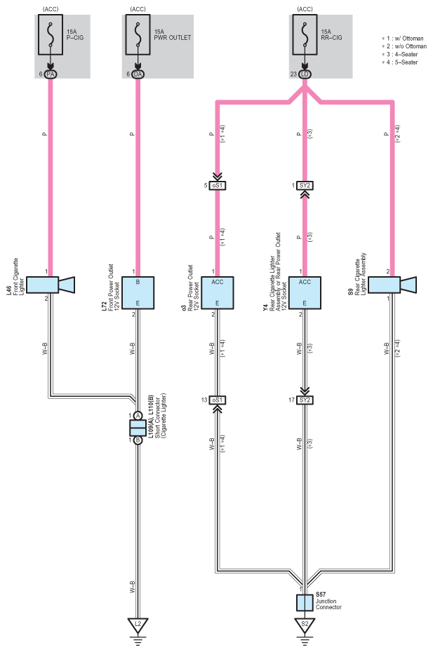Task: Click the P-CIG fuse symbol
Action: coord(51,34)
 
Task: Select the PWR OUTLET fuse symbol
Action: coord(138,34)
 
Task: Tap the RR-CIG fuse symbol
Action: coord(305,34)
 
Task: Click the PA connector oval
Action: coord(51,74)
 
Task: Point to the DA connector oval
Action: coord(138,74)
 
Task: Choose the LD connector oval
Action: coord(305,74)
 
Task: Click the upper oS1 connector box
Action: coord(218,186)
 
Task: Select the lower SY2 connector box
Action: coord(305,400)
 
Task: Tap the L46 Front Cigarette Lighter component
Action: coord(51,285)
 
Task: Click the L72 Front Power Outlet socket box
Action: coord(138,293)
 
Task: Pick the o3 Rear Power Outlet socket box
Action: coord(218,293)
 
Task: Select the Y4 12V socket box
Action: coord(305,293)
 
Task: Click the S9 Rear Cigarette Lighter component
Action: coord(392,285)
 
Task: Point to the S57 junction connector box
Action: coord(305,602)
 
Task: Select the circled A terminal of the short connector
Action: coord(138,416)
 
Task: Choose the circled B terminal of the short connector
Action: coord(138,440)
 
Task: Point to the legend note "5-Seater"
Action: coord(402,62)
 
